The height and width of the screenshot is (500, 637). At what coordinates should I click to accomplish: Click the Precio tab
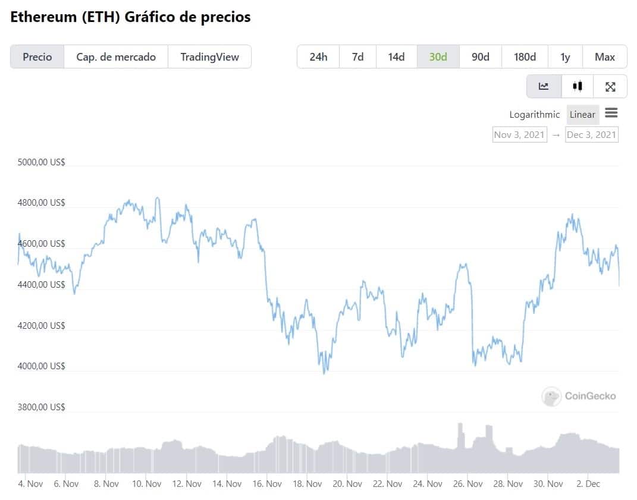coord(37,57)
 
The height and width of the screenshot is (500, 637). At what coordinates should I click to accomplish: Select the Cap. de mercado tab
coord(116,57)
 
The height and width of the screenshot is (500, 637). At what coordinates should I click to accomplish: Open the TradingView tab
coord(209,57)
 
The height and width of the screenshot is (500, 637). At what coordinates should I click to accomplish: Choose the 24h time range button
coord(318,57)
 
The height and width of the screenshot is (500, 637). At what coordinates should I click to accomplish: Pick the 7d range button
coord(357,57)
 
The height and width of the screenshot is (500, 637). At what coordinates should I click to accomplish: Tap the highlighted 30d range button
coord(438,57)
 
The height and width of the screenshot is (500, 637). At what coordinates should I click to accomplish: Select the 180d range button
coord(525,57)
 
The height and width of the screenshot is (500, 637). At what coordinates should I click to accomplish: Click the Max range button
coord(604,57)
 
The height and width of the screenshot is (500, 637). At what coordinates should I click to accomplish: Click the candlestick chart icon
coord(577,86)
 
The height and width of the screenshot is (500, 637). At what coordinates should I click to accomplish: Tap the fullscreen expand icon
coord(610,87)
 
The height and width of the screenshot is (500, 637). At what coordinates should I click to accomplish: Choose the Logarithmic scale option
coord(534,115)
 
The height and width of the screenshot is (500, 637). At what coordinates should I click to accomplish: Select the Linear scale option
coord(582,115)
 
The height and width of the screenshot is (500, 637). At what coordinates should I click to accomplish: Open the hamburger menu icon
coord(611,113)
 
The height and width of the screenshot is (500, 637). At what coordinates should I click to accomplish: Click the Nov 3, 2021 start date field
coord(519,134)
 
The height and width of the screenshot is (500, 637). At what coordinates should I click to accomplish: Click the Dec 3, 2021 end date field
coord(591,134)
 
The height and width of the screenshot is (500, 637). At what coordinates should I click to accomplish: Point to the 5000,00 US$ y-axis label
coord(42,162)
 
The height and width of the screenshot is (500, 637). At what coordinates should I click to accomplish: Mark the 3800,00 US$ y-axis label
coord(42,407)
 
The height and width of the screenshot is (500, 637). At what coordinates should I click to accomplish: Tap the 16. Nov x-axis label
coord(266,484)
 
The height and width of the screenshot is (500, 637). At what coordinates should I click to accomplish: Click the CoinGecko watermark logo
coord(579,396)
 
